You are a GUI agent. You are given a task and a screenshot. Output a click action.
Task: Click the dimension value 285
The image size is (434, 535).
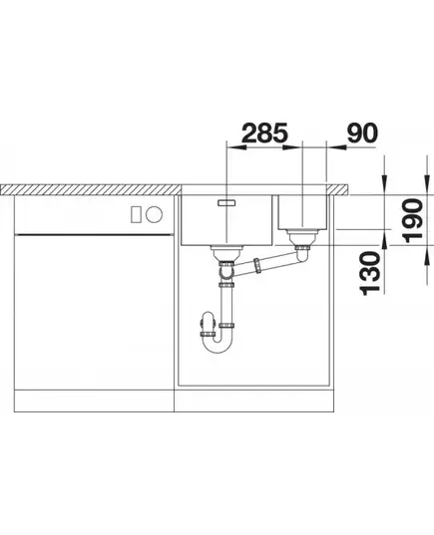click(264, 133)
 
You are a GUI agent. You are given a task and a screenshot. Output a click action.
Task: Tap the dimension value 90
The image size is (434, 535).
click(362, 133)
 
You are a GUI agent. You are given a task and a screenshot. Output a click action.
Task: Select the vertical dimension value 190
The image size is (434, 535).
click(412, 221)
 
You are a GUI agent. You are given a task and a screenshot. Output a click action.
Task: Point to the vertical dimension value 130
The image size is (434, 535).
click(370, 273)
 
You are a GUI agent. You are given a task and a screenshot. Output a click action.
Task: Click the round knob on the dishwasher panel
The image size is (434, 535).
click(154, 214)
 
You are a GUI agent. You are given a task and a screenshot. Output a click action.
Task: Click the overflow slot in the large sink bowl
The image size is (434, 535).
click(226, 203)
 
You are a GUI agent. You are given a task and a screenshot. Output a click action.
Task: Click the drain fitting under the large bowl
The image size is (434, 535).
click(226, 253)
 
